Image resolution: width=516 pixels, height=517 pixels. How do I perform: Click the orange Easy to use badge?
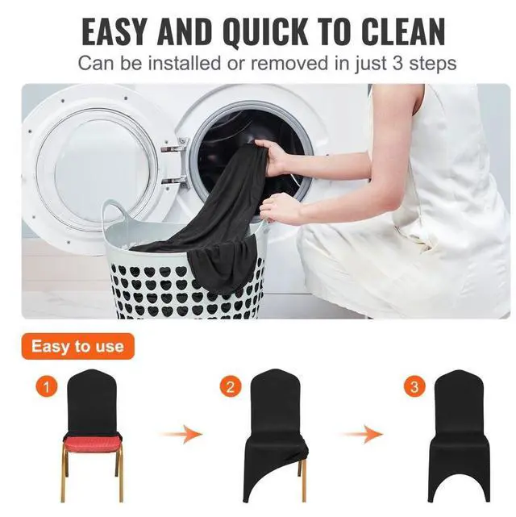click(77, 347)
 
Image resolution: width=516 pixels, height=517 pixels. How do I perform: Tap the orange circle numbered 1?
click(47, 388)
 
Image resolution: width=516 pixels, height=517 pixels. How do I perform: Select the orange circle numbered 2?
click(230, 388)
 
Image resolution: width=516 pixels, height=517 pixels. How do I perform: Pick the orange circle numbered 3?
click(415, 388)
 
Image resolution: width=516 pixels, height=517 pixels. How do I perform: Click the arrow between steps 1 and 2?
click(179, 436)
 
